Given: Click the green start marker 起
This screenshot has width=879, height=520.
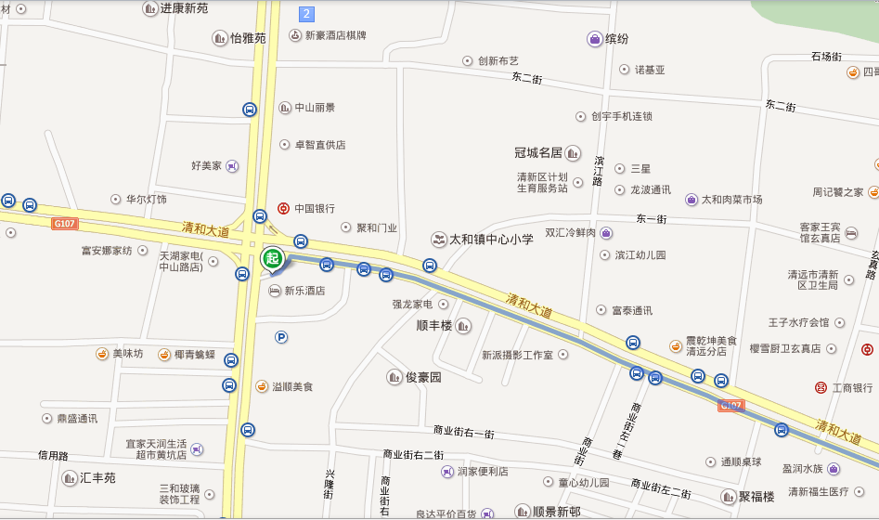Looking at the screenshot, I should (272, 258).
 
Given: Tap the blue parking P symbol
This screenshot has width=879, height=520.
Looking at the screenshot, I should (281, 337).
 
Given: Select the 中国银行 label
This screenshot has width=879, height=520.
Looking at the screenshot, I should (314, 209).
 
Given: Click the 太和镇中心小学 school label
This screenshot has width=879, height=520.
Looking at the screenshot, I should (491, 240).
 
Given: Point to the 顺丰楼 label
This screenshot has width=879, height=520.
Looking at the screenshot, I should (435, 325).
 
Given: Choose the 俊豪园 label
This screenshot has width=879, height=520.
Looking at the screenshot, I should (423, 378).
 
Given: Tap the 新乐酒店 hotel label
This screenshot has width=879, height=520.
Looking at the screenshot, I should (304, 291).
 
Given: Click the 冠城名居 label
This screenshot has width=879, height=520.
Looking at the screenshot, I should (539, 152).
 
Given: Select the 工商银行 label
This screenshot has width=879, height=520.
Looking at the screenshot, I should (851, 387).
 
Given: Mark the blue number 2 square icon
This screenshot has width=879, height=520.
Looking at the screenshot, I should (306, 14).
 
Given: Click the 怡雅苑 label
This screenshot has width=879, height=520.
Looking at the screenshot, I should (248, 38).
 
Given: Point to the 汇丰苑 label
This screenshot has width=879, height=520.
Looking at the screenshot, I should (97, 478).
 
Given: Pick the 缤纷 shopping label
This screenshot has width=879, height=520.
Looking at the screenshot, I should (616, 39).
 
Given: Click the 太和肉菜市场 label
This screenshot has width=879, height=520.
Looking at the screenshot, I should (731, 200).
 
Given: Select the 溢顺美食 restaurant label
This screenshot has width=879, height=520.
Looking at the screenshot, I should (291, 386).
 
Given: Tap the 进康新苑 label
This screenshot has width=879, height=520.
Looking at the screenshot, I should (184, 8).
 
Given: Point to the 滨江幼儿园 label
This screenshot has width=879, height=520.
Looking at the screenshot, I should (640, 254).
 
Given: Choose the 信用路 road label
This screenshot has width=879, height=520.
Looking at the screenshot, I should (53, 456).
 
